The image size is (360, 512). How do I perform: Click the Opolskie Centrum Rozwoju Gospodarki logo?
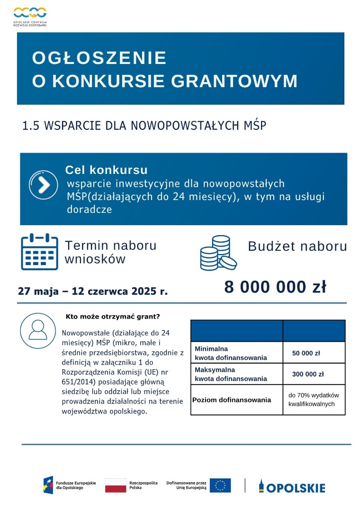[30, 15]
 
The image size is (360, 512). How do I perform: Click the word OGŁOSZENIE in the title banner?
[99, 58]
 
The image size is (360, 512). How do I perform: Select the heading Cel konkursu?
[106, 170]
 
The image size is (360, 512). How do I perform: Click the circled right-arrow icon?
[44, 184]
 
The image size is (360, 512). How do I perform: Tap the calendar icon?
[39, 252]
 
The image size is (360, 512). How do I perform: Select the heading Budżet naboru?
[297, 247]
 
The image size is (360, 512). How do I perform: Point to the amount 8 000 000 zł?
[275, 287]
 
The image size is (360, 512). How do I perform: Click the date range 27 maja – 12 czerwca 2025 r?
[93, 291]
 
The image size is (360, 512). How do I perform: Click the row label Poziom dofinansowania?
[232, 400]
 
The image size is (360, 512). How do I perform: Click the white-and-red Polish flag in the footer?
[115, 485]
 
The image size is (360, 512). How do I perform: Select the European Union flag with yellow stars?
[220, 485]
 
